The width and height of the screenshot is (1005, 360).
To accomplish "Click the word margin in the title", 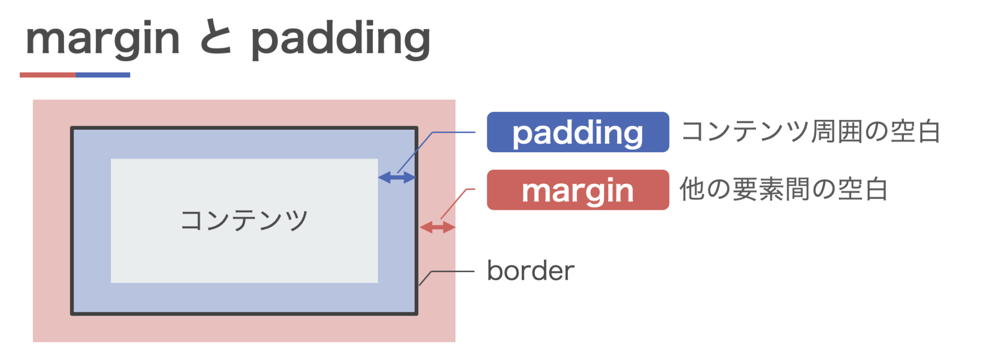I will [x=103, y=39].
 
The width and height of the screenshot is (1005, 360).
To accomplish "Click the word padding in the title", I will [x=340, y=39].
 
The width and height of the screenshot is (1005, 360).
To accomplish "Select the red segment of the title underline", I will [x=48, y=75].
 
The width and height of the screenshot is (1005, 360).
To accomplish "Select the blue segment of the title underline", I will [x=103, y=75].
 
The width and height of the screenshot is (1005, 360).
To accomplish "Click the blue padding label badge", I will [x=577, y=132].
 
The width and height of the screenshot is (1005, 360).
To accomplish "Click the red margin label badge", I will [x=577, y=190].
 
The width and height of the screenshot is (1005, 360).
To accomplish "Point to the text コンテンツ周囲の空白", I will [x=811, y=131].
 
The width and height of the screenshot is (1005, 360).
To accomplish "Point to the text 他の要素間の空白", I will [x=784, y=189].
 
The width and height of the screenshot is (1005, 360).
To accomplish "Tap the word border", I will [x=530, y=271].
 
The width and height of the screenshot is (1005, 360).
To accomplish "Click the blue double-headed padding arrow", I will [x=397, y=178].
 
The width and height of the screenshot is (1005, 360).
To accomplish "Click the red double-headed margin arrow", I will [x=438, y=227].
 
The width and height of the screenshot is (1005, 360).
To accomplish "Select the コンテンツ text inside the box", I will [x=244, y=220].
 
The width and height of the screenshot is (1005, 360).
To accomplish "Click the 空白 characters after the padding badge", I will [x=915, y=131].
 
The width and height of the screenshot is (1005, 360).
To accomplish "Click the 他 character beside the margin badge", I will [x=692, y=189].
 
